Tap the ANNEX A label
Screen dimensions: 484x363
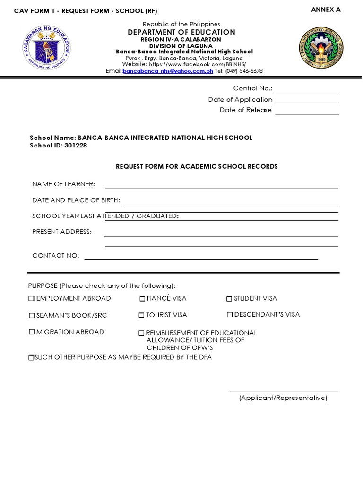325,9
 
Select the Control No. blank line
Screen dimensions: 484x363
307,92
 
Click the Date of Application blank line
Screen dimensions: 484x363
307,102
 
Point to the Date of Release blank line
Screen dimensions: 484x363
307,114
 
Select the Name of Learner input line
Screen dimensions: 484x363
221,188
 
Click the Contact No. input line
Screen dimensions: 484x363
201,259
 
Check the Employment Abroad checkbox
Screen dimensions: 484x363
32,299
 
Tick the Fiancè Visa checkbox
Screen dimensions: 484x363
142,299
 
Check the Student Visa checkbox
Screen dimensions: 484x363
229,299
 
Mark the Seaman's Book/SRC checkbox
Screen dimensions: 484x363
32,315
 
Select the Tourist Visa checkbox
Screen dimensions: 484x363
141,315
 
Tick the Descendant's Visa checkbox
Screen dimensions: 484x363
230,315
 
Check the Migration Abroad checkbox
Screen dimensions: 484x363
32,332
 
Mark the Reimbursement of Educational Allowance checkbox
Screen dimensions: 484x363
141,333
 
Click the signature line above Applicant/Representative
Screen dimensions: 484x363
283,391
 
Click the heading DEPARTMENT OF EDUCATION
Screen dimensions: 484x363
182,32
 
